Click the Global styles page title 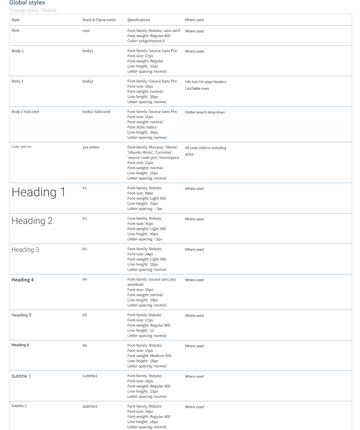coord(27,3)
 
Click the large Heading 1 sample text coord(38,193)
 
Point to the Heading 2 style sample coord(32,221)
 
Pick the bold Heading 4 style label coord(23,280)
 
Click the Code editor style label coord(22,147)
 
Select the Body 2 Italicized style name coord(25,112)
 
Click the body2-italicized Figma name coord(96,112)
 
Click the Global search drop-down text coord(205,112)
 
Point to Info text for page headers coord(205,82)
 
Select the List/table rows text coord(197,88)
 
